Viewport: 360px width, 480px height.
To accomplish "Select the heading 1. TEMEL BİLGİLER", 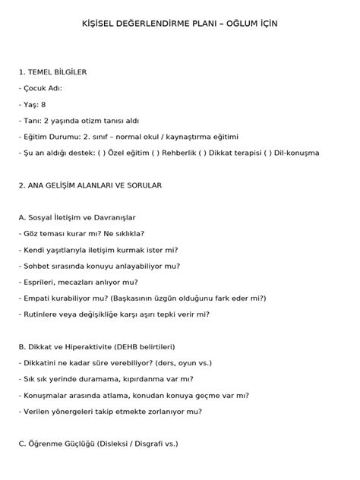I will [x=52, y=71].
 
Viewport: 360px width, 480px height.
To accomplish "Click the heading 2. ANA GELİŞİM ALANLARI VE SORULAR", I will [x=90, y=185].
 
